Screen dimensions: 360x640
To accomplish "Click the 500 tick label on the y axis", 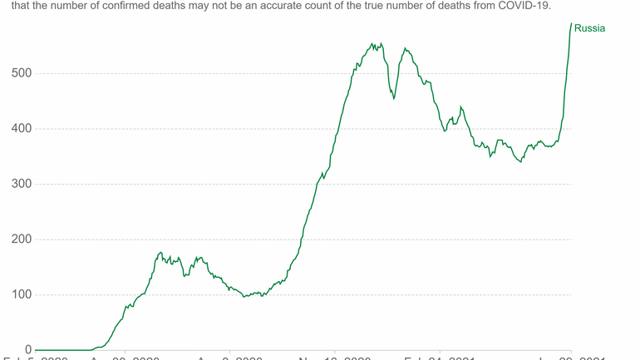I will point(21,73).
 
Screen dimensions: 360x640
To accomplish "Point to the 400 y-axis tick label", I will point(21,129).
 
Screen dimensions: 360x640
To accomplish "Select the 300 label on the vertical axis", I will point(21,184).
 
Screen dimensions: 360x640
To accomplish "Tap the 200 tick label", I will point(21,239).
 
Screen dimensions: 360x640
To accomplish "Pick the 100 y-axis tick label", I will point(21,295).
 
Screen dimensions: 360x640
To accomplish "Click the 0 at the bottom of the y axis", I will point(28,350).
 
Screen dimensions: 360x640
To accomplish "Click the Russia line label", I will point(589,28).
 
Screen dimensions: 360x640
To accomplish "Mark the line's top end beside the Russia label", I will point(571,23).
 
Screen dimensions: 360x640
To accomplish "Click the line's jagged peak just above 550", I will point(372,44).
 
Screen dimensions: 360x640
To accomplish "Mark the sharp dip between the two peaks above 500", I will point(394,99).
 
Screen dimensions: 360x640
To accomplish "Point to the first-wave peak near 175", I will point(160,253).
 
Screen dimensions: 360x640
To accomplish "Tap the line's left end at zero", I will point(36,350).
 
